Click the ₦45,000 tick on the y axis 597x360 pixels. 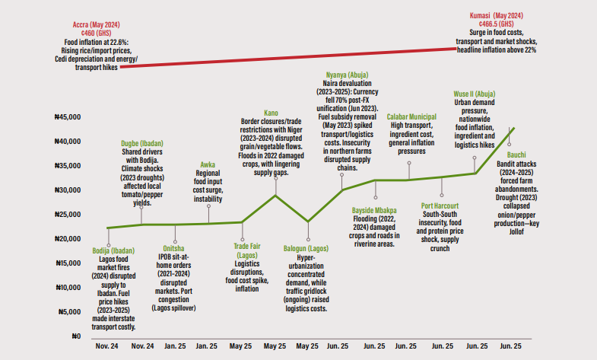tap(70, 117)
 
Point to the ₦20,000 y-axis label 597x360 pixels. tap(70, 239)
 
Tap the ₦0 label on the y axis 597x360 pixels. tap(75, 336)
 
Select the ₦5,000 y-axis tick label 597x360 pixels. tap(71, 311)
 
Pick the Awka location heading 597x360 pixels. tap(208, 164)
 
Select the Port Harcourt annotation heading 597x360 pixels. tap(443, 205)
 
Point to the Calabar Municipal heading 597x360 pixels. tap(411, 116)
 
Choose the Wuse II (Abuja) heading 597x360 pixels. tap(475, 92)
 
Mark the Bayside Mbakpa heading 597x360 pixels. tap(374, 209)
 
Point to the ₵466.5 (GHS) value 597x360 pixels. tap(496, 24)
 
